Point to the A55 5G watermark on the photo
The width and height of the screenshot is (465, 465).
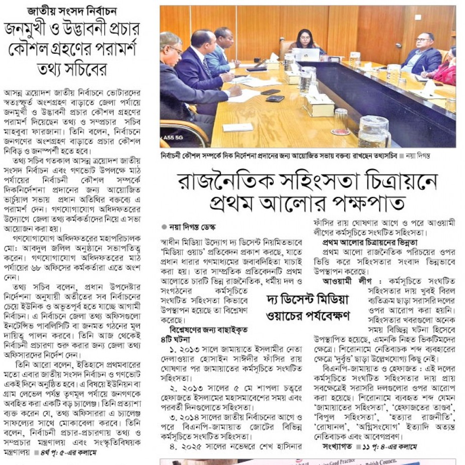coord(175,136)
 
